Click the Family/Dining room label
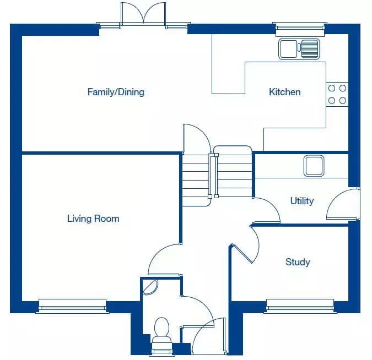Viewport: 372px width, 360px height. tap(116, 92)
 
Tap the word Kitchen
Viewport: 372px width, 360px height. tap(285, 92)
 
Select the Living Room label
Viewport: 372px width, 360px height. tap(93, 219)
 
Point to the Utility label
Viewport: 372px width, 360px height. tap(302, 201)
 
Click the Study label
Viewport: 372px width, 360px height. tap(298, 262)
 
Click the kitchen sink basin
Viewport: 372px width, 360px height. tap(288, 49)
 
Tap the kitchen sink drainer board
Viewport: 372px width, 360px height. tap(310, 49)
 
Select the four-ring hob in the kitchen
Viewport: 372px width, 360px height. tap(337, 94)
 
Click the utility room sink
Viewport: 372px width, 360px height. tap(314, 166)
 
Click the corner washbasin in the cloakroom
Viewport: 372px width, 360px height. tap(150, 287)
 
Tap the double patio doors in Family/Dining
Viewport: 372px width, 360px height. tap(143, 14)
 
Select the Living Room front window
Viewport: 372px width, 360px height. tap(72, 306)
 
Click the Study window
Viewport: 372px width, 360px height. tap(300, 306)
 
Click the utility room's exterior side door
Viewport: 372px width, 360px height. tap(343, 204)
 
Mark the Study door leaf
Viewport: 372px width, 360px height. tap(242, 253)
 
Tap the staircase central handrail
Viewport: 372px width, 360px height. tap(213, 176)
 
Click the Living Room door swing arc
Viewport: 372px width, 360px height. tap(161, 256)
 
